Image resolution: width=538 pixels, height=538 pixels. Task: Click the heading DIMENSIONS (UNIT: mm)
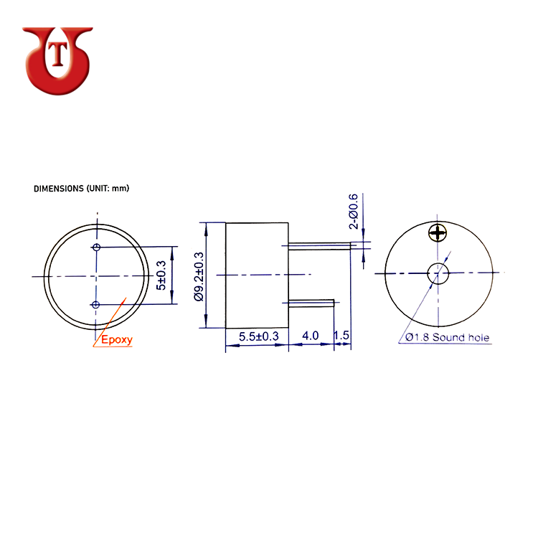pos(81,189)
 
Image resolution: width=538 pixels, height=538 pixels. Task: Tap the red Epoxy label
pos(117,340)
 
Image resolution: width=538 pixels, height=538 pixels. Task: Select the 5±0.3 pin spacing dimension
pos(161,275)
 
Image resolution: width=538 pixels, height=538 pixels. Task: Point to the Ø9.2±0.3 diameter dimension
pos(199,277)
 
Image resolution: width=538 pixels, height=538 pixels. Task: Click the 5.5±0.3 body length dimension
pos(259,336)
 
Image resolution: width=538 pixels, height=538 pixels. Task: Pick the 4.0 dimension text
pos(311,336)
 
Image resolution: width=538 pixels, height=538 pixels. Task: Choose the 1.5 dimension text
pos(341,335)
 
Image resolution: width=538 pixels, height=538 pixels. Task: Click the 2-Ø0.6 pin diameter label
pos(353,211)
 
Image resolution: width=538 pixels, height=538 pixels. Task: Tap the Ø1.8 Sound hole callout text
pos(447,337)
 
